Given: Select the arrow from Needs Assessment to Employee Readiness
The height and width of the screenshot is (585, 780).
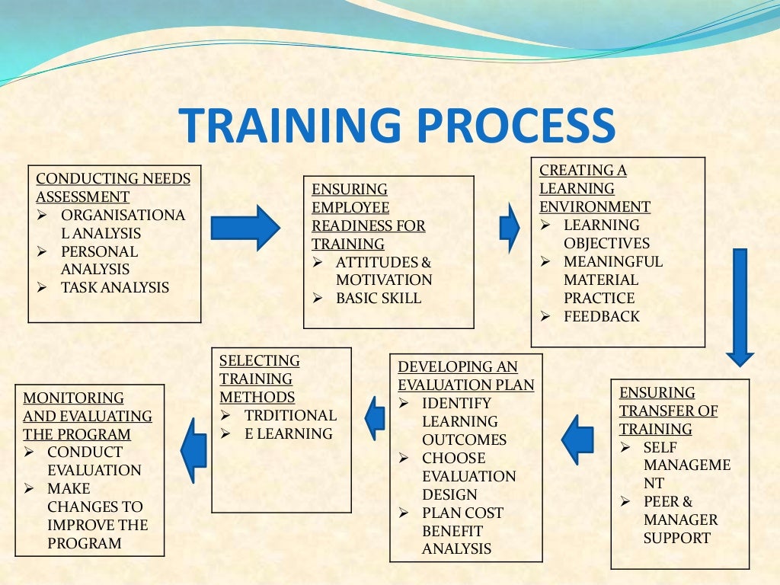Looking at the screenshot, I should pos(245,228).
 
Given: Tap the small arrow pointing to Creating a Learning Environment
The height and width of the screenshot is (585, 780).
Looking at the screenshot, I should pos(509,228).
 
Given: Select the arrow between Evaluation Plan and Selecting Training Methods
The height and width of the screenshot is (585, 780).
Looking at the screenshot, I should pos(375,418).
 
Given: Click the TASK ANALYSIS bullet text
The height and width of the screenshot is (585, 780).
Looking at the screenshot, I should pos(115,288).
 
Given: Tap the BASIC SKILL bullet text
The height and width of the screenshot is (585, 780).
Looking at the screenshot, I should pos(378,299).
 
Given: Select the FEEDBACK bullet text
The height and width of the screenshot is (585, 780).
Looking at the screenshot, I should pos(601,317).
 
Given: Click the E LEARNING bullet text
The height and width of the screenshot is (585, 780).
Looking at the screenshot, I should pos(288,434).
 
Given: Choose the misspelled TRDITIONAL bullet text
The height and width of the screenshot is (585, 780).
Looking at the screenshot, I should pos(290,416).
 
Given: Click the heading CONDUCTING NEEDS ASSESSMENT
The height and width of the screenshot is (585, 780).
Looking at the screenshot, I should pos(113,188).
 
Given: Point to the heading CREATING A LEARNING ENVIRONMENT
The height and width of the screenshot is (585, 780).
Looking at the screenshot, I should pos(594,189).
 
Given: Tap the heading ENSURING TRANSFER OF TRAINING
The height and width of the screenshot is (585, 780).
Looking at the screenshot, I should pos(668,411).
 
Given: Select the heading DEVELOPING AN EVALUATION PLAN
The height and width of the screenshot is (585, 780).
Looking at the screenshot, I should pos(465,376).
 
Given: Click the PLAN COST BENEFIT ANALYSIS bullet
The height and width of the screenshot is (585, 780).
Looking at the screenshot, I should pos(462,531).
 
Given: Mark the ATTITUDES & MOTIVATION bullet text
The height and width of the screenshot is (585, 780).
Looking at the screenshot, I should pos(383,271).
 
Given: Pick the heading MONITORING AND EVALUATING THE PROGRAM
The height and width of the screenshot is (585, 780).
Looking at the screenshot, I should pos(87,417).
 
